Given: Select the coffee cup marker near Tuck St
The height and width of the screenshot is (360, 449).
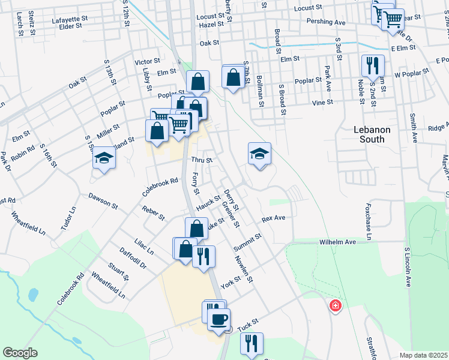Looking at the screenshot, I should (218, 319).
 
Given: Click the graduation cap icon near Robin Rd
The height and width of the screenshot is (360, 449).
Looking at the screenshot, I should (104, 158).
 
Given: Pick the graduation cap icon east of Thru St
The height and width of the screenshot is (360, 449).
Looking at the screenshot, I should (259, 154).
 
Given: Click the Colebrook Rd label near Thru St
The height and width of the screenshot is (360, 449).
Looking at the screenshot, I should (161, 187).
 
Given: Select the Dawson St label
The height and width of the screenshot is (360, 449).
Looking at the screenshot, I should (103, 200).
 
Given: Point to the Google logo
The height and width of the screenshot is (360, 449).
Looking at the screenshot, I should (20, 353).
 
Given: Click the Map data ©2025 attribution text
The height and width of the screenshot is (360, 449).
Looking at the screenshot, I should (423, 355).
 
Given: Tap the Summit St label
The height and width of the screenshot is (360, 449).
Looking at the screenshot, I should (249, 239).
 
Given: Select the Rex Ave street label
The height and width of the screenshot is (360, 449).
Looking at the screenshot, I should (273, 218).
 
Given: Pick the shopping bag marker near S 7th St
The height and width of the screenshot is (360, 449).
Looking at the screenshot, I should (232, 77).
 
